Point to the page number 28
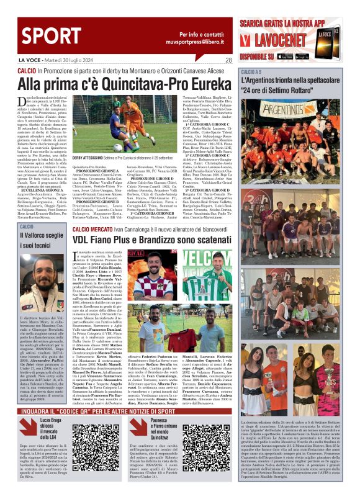click(x=228, y=60)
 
